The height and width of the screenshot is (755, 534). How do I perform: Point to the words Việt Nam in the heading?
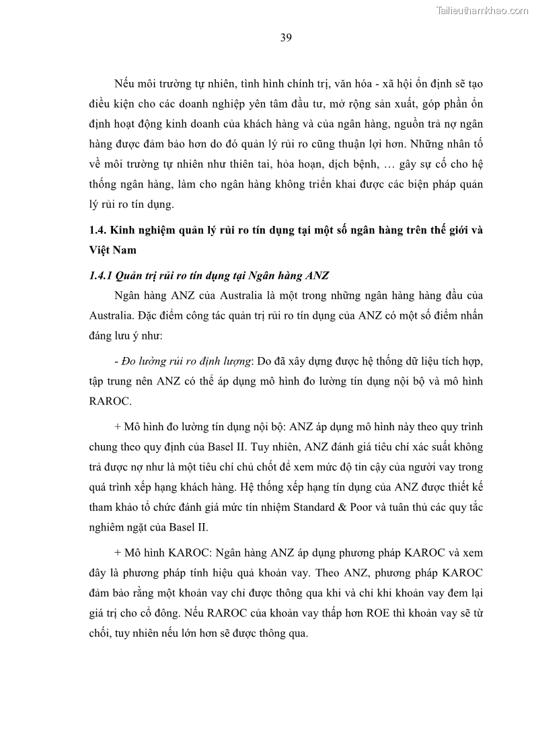click(x=112, y=249)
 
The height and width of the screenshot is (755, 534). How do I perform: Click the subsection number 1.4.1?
click(x=100, y=276)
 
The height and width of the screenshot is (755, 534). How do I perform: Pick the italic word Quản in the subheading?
click(x=130, y=276)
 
